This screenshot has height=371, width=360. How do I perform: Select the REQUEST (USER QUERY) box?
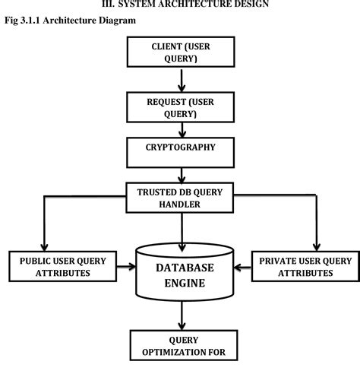pos(182,107)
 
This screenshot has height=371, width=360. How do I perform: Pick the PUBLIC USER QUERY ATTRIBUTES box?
pos(60,266)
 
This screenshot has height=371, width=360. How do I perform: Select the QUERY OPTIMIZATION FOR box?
pos(182,347)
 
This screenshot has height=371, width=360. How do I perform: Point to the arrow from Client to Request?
pos(182,78)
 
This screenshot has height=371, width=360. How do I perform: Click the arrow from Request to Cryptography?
pos(182,130)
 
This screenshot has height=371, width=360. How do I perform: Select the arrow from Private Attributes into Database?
pos(242,266)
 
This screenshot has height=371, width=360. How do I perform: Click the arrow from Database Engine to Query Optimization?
pos(182,316)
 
